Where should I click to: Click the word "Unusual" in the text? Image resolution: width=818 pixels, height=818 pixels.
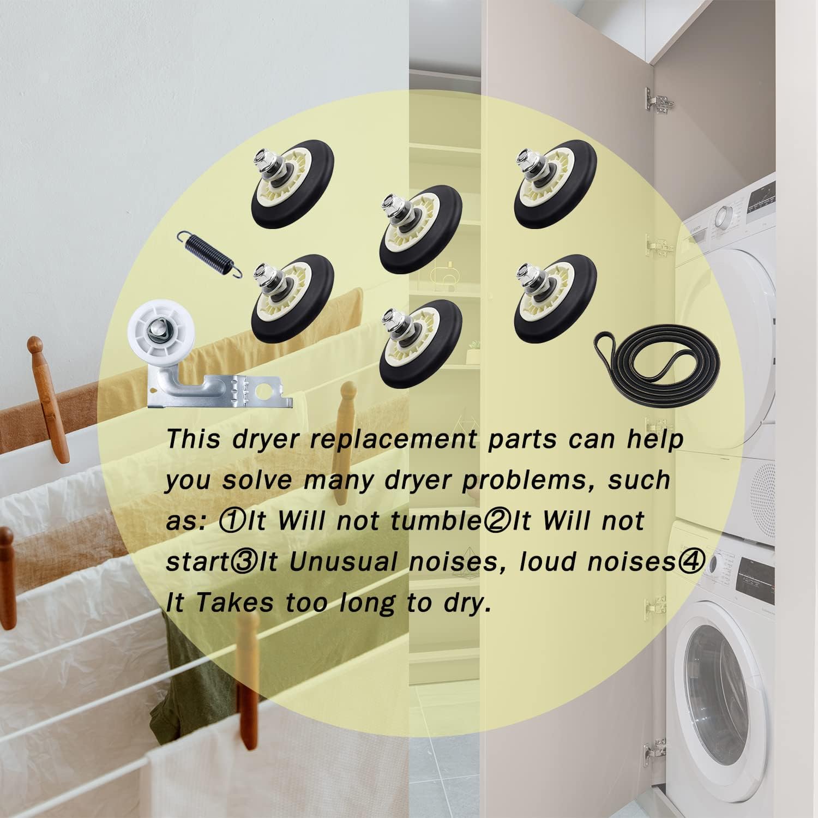coord(342,562)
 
